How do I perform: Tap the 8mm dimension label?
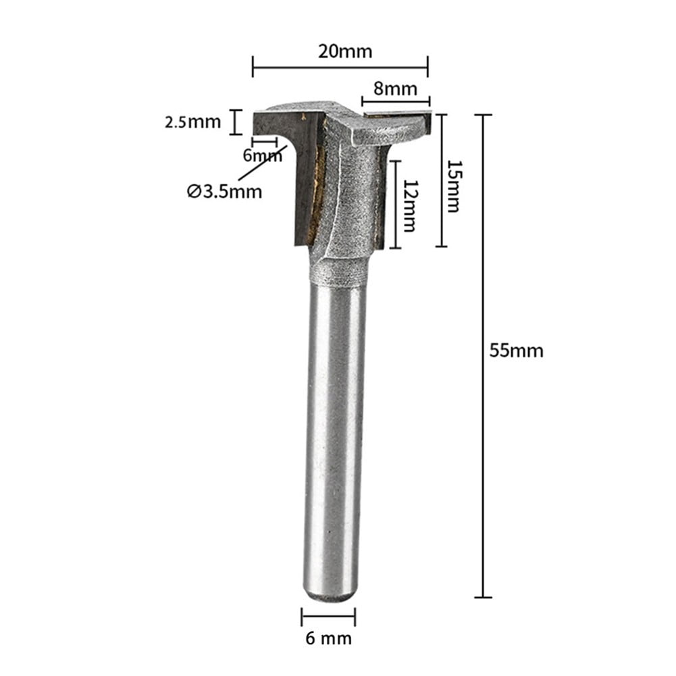[x=394, y=88]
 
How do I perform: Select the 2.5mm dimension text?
[x=192, y=122]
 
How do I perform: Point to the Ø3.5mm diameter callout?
[x=224, y=192]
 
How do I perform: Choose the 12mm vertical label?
[x=407, y=207]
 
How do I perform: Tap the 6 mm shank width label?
[x=329, y=637]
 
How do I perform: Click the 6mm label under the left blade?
[x=263, y=156]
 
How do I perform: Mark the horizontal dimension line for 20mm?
[x=340, y=67]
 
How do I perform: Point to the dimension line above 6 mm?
[x=329, y=615]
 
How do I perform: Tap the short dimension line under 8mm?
[x=395, y=102]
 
